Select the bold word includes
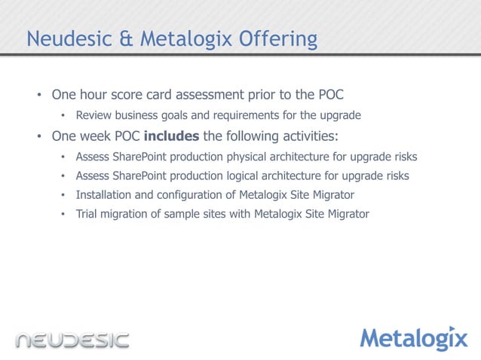click(x=172, y=136)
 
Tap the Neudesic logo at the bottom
click(x=73, y=340)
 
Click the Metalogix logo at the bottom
click(x=413, y=339)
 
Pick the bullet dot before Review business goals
click(x=63, y=116)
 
